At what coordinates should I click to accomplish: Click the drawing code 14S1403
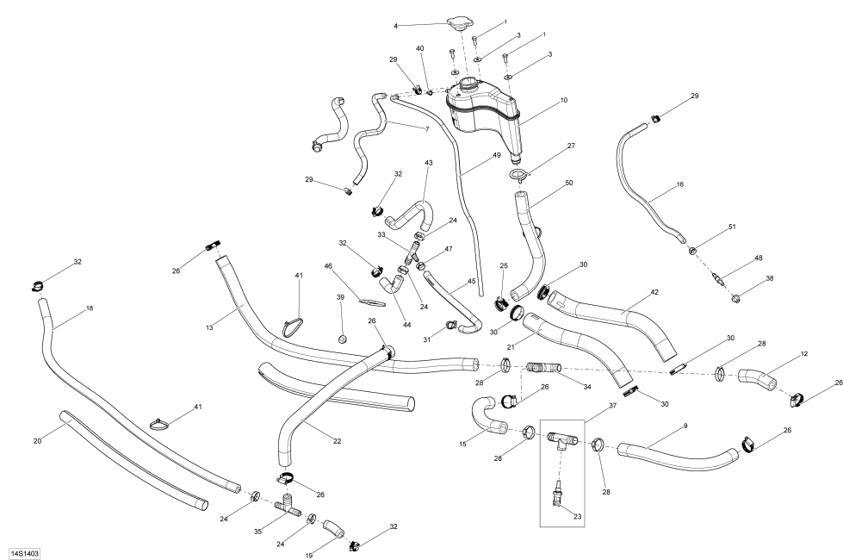[24, 549]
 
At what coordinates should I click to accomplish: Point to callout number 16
[679, 184]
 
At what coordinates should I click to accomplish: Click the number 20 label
[37, 441]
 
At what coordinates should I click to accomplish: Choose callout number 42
[654, 292]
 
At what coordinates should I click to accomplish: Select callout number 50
[569, 183]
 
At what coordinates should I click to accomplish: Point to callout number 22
[337, 442]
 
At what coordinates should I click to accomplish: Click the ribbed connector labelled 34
[542, 368]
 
